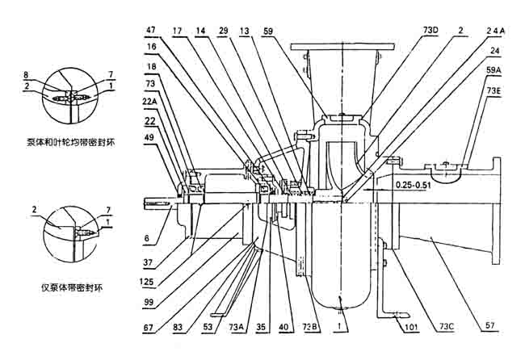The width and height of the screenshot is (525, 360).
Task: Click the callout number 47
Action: tap(151, 30)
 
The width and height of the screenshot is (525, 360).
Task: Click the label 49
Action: tap(151, 138)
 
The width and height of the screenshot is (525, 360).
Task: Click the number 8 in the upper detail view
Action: tap(27, 74)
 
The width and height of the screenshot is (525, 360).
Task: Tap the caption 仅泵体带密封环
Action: tap(65, 287)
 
